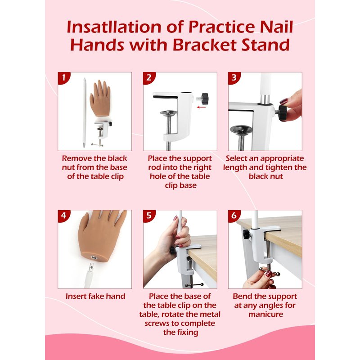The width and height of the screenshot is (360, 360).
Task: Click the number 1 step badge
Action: coord(63,77)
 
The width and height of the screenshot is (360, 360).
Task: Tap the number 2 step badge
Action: coord(148,77)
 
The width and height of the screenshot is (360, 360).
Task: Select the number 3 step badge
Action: coord(234,77)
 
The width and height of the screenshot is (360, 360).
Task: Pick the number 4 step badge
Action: coord(63,216)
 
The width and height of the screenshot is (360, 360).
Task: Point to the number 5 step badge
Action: coord(148,216)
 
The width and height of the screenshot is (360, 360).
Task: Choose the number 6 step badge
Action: coord(234,216)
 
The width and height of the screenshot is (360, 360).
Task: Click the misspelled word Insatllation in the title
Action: coord(114,27)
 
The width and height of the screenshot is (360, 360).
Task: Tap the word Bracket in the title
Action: coord(204,45)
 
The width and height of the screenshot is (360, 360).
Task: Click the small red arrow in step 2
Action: coord(201,107)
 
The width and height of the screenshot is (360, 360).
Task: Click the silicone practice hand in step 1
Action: coord(100,97)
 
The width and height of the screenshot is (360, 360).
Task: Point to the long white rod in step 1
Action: coord(84,112)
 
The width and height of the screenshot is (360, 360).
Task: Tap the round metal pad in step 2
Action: coord(168,113)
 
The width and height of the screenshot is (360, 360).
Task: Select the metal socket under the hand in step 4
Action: coord(94,257)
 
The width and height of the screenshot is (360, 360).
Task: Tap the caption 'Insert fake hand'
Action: coord(95,296)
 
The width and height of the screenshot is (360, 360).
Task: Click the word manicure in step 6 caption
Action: coord(265,314)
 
